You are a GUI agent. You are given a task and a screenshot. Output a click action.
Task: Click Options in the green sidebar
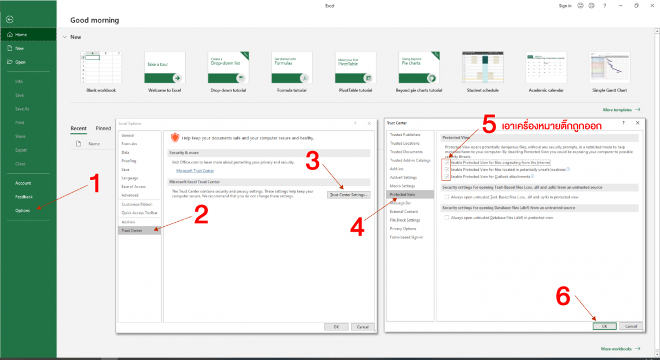[23, 211]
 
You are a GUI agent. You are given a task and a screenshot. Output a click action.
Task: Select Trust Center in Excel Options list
[131, 230]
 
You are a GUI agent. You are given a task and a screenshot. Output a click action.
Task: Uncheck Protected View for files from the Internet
[446, 163]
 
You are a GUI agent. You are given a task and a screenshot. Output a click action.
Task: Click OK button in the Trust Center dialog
[604, 326]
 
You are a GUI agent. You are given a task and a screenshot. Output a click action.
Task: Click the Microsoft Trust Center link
[193, 171]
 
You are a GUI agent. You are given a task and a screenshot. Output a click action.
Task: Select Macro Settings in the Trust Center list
[402, 186]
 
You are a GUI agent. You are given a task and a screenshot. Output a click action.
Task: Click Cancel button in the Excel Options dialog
[362, 327]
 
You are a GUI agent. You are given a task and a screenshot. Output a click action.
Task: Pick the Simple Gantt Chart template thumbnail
[609, 68]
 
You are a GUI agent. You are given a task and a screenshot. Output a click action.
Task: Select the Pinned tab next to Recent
[103, 128]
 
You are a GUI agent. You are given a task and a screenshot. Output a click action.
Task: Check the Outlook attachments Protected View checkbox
[446, 177]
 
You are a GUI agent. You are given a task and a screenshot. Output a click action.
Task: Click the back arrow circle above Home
[9, 19]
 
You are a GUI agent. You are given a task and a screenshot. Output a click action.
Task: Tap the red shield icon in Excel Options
[175, 138]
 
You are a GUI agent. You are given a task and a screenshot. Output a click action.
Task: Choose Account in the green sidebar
[23, 183]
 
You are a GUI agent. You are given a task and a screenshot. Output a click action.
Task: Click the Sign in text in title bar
[565, 6]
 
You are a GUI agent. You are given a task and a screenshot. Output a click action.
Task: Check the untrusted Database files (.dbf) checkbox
[446, 218]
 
